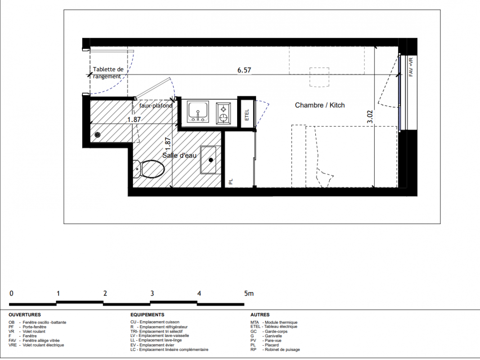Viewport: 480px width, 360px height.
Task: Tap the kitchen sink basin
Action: [x=198, y=112]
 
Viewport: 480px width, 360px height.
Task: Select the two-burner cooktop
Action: [x=224, y=113]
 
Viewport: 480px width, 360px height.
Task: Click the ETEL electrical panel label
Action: [x=247, y=115]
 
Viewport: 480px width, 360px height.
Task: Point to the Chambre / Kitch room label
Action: [x=319, y=105]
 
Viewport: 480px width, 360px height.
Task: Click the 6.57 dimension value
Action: [x=244, y=70]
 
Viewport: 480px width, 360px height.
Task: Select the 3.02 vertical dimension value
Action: [x=370, y=117]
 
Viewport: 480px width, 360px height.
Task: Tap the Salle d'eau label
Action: [x=179, y=156]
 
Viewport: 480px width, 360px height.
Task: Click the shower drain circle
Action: [x=97, y=135]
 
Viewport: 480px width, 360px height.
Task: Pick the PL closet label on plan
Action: [x=231, y=181]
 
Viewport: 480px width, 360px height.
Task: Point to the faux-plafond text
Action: [x=156, y=106]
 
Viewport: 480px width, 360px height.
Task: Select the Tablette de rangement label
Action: [x=108, y=73]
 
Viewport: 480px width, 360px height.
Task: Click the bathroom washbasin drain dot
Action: [x=211, y=160]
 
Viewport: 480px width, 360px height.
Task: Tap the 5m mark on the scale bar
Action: [x=249, y=293]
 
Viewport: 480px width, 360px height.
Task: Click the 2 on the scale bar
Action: [x=105, y=293]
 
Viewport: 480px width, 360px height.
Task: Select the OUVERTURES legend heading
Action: [x=25, y=315]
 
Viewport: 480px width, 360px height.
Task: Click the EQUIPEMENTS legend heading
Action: [x=147, y=315]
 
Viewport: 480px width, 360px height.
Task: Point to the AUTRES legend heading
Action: [x=260, y=315]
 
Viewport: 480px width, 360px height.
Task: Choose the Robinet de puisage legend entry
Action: [x=275, y=350]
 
